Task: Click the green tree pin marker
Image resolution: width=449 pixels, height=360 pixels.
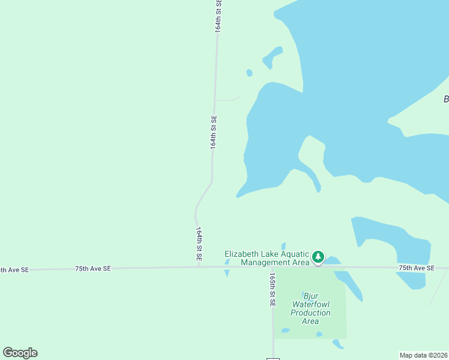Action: pos(318,257)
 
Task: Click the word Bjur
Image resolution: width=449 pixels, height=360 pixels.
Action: pos(310,296)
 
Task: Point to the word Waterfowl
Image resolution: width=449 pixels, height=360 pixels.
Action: pos(310,304)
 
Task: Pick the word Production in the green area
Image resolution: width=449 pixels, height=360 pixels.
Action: pos(310,313)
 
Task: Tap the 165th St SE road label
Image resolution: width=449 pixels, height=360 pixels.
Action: pos(273,290)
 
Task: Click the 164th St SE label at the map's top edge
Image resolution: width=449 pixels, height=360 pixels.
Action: pos(218,15)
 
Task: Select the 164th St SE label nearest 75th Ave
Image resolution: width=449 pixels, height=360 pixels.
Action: pos(199,243)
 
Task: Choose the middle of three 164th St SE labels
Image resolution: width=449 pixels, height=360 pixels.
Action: pos(213,132)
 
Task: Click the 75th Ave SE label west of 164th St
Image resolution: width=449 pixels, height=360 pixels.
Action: pos(93,269)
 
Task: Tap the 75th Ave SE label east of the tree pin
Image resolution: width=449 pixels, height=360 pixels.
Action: pos(417,268)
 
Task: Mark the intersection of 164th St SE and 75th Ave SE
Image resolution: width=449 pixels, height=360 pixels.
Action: pos(199,268)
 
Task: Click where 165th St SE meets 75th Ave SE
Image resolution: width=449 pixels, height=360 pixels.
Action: pos(273,267)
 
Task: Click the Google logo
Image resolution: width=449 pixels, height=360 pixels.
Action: pos(20,353)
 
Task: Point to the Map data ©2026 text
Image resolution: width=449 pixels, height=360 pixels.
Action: pos(423,355)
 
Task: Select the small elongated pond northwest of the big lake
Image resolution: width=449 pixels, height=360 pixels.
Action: pos(272,57)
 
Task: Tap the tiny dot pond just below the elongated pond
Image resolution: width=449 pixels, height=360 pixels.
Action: pos(249,73)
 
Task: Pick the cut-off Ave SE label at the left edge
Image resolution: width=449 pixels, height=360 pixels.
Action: pos(14,270)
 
